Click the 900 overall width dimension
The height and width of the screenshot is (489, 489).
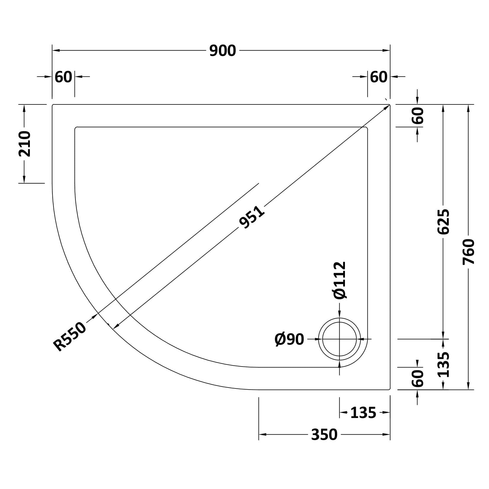(x=222, y=51)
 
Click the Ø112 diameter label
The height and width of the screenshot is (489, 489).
(x=339, y=280)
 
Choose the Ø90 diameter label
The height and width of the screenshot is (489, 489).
(x=289, y=339)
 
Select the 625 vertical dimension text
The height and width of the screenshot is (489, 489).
(x=443, y=222)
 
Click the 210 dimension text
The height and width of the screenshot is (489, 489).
(x=24, y=144)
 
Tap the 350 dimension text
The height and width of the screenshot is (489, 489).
(x=324, y=435)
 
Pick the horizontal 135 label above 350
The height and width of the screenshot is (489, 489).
(x=363, y=413)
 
